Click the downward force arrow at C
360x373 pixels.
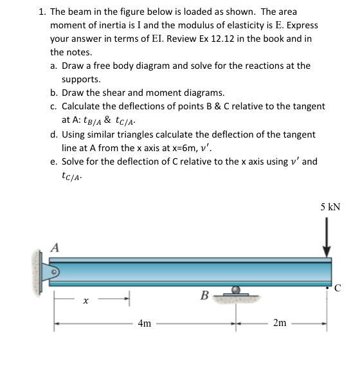point(327,238)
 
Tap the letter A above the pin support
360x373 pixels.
point(55,246)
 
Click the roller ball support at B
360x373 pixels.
point(236,291)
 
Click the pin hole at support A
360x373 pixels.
point(55,271)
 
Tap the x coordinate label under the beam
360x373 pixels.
point(85,300)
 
